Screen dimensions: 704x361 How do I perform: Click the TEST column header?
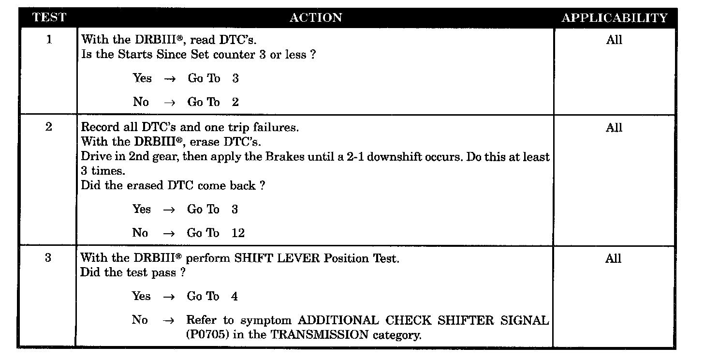coord(49,18)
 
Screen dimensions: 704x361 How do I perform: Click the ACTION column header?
coord(315,18)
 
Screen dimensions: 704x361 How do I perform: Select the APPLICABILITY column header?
coord(614,18)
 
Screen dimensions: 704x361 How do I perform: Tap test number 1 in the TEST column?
coord(49,40)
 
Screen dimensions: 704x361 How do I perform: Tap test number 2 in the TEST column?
coord(49,127)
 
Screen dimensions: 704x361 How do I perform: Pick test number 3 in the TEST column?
coord(48,258)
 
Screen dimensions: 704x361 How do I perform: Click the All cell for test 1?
coord(614,40)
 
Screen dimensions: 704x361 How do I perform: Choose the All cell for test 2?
coord(614,128)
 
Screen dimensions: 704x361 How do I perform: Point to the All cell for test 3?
coord(613,259)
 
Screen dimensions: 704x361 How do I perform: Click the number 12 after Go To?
coord(238,233)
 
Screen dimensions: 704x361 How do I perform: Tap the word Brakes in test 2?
coord(308,157)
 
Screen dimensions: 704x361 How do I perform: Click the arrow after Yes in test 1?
coord(169,79)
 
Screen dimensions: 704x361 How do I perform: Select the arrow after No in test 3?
coord(168,320)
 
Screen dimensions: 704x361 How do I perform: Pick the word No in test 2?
coord(140,233)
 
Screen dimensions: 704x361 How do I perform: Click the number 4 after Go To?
coord(235,296)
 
